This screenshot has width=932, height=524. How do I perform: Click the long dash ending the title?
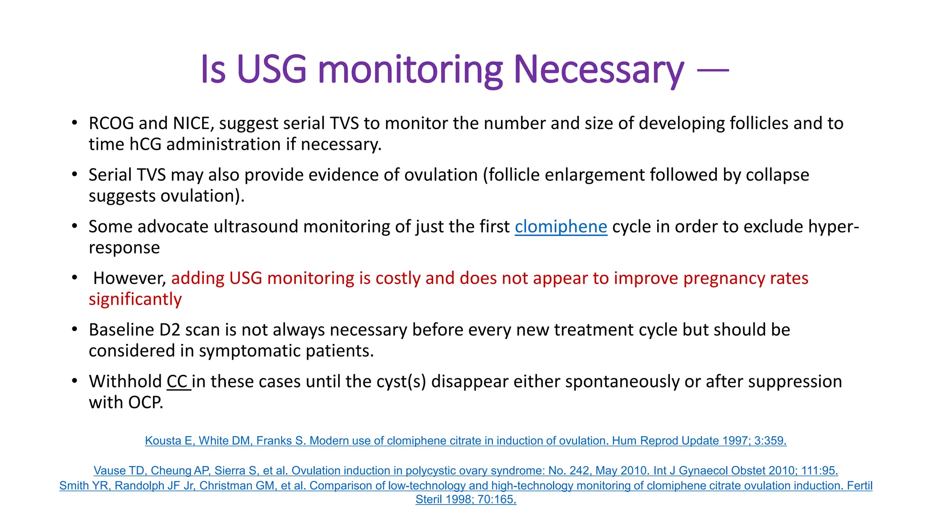713,70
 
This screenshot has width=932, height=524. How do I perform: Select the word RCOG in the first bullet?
111,123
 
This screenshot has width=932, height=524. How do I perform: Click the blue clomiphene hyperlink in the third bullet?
561,227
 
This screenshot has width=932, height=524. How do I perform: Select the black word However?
130,278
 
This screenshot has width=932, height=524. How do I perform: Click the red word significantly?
135,299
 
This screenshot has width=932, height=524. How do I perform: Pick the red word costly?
398,278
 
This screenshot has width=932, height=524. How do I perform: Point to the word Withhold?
125,381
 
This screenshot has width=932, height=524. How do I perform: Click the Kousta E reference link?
466,441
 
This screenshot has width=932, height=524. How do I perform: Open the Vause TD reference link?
466,470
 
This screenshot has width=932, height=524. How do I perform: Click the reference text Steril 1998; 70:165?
466,499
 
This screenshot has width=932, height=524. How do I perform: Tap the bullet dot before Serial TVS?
75,175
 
